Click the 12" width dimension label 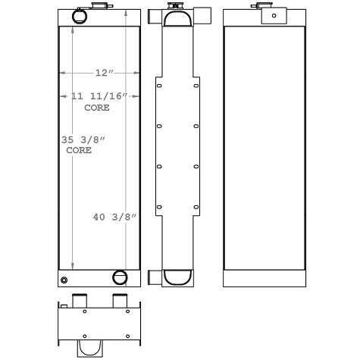pyautogui.click(x=104, y=73)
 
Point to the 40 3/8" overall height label pyautogui.click(x=114, y=218)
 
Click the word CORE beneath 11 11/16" pyautogui.click(x=96, y=108)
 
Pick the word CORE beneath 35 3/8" pyautogui.click(x=79, y=151)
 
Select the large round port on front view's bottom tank pyautogui.click(x=120, y=277)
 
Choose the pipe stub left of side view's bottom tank pyautogui.click(x=154, y=277)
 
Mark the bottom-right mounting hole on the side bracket pyautogui.click(x=196, y=207)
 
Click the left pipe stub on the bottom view pyautogui.click(x=79, y=302)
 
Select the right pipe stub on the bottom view pyautogui.click(x=120, y=302)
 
